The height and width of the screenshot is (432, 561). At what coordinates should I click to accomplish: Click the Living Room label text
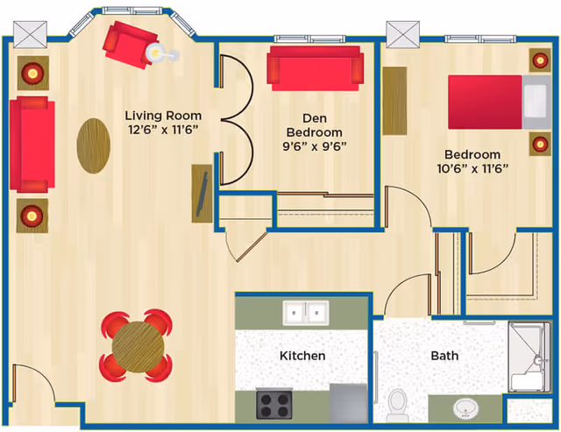(162, 116)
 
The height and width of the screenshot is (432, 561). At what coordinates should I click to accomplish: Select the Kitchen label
(302, 356)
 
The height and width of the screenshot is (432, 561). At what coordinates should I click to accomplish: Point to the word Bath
(444, 356)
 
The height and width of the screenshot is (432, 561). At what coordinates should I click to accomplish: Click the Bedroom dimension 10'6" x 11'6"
(473, 168)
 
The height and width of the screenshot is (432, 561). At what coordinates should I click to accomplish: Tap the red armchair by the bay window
(127, 45)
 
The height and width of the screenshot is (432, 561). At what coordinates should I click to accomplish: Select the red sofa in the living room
(32, 145)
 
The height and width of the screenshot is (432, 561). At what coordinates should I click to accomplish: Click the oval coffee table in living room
(95, 145)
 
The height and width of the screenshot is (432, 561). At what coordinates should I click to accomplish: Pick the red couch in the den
(315, 67)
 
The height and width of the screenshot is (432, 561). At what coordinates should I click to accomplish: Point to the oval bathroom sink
(465, 408)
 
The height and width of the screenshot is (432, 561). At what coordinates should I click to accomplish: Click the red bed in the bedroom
(486, 102)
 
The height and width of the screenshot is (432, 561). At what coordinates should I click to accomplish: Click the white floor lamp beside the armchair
(158, 53)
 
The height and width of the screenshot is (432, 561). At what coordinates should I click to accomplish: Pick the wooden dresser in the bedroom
(394, 101)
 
